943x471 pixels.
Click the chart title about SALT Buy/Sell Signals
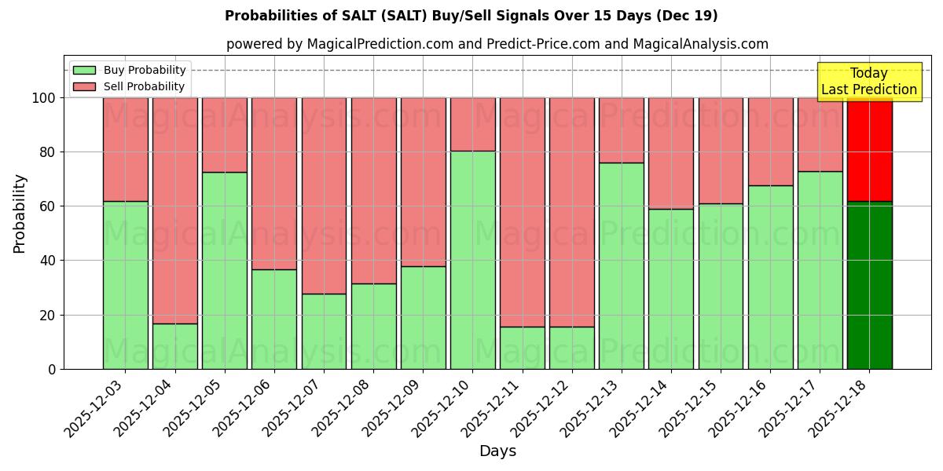471,16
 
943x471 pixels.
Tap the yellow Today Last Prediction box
868,82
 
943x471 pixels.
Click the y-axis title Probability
20,213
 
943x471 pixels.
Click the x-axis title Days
497,451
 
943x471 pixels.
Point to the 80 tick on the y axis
48,152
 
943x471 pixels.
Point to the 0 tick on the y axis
52,369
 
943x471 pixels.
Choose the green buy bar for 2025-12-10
472,259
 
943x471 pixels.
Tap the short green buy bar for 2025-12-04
174,346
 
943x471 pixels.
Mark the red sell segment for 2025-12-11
522,212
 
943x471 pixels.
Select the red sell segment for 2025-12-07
324,195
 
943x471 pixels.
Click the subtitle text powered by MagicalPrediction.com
497,44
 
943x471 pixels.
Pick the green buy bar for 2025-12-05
224,270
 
